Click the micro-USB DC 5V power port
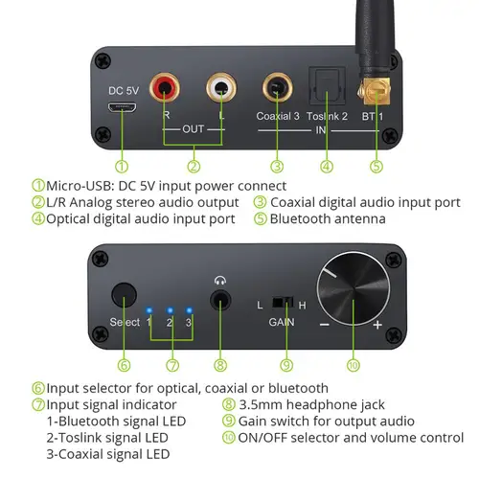120,106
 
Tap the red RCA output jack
170,91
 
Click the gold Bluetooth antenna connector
375,93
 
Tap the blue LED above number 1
148,310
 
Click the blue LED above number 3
190,310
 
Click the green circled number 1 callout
121,165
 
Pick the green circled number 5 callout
376,165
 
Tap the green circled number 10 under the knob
354,363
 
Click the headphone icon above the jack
221,281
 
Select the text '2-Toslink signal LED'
106,438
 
